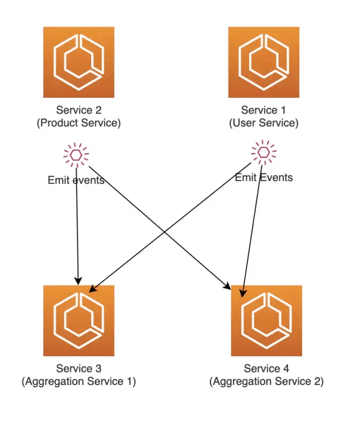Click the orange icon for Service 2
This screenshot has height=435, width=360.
[x=79, y=62]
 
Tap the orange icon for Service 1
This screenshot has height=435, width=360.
[x=264, y=62]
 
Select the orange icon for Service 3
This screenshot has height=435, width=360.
[x=79, y=321]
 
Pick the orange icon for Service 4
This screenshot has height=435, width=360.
[x=267, y=321]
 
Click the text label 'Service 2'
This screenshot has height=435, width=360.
[x=79, y=110]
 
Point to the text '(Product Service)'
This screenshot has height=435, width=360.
[x=79, y=123]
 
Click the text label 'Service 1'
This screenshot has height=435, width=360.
[x=263, y=110]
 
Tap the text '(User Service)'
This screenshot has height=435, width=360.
[x=264, y=123]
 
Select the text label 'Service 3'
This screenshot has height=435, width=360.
[x=79, y=369]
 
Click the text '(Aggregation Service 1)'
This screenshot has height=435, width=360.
[x=79, y=382]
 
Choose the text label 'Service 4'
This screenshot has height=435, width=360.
[x=267, y=369]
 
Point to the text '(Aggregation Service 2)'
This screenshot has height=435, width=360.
[x=267, y=382]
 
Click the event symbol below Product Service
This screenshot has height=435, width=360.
[x=76, y=155]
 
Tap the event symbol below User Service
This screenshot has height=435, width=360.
[x=264, y=152]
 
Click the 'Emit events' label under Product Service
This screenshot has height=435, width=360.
[x=76, y=180]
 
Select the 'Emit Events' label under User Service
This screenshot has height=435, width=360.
[x=264, y=178]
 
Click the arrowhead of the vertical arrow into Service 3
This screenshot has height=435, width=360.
[x=78, y=281]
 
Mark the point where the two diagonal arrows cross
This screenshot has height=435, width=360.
[x=165, y=232]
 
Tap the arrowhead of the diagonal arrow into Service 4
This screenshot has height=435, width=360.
[x=228, y=286]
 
